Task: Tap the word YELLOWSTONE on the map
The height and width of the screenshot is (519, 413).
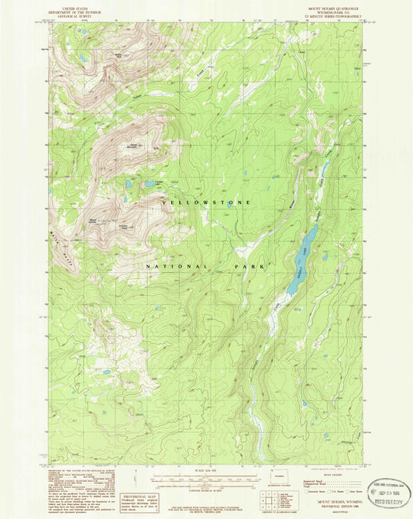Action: coord(207,202)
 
